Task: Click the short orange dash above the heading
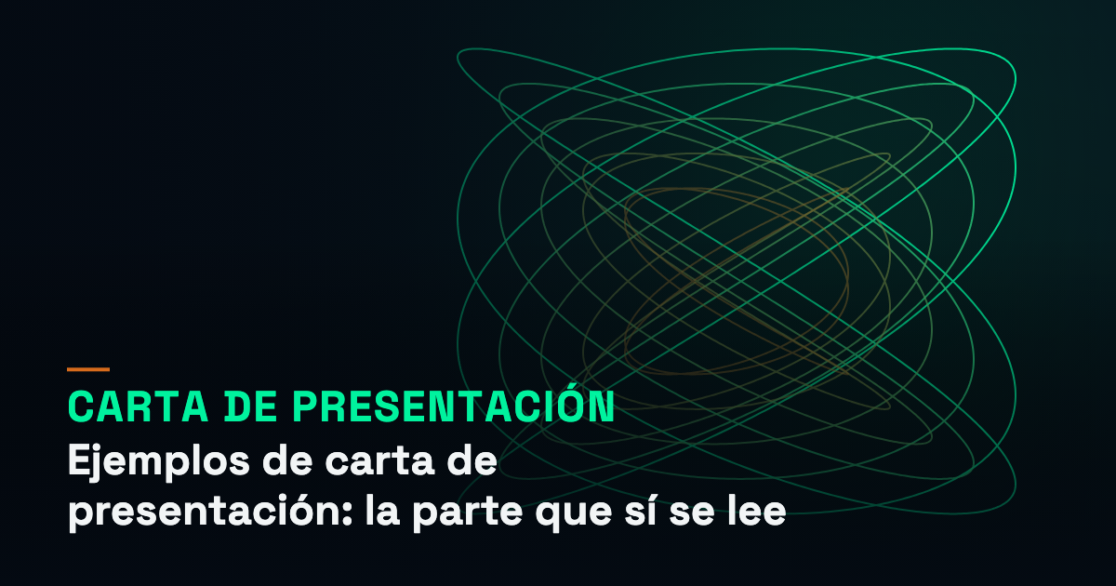tap(88, 369)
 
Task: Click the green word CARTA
tap(138, 406)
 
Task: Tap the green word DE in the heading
tap(250, 406)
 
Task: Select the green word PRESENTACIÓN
tap(454, 403)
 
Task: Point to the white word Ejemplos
tap(158, 463)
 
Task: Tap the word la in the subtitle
tap(382, 510)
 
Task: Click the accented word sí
tap(640, 510)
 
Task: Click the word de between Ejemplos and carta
tap(287, 459)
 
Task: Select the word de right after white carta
tap(472, 459)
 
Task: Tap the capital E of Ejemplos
tap(78, 459)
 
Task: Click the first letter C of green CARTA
tap(81, 406)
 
